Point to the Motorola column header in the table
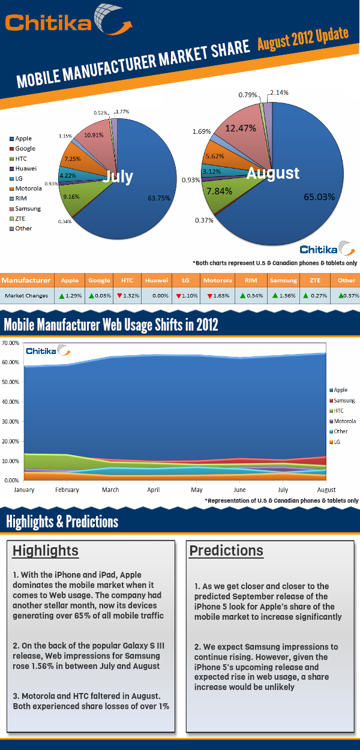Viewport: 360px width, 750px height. pos(217,280)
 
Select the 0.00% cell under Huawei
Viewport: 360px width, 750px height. pos(156,296)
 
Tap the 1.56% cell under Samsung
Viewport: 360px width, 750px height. pos(283,296)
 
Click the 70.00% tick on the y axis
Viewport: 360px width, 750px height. pos(10,343)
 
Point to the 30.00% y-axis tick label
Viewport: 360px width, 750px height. pos(10,422)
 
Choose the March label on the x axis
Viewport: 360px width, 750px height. pos(110,490)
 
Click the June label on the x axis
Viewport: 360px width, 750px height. pos(239,490)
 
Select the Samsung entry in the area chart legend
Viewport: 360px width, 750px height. pos(344,400)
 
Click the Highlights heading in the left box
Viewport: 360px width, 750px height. pos(46,551)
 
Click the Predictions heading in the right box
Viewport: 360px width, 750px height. pos(226,550)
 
